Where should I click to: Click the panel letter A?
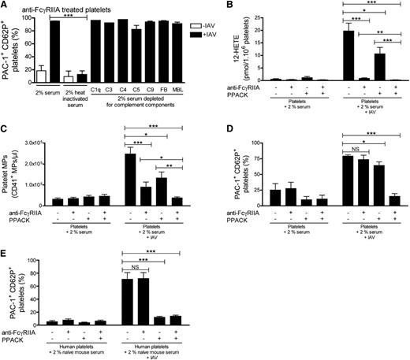click(x=6, y=6)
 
